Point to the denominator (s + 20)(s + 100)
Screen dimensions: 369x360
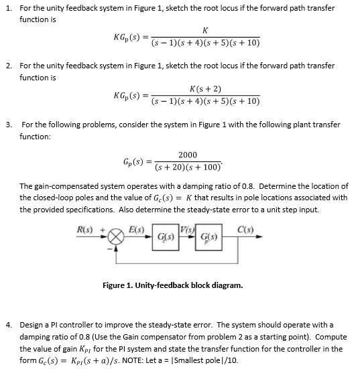190,169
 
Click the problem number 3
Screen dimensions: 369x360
8,125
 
